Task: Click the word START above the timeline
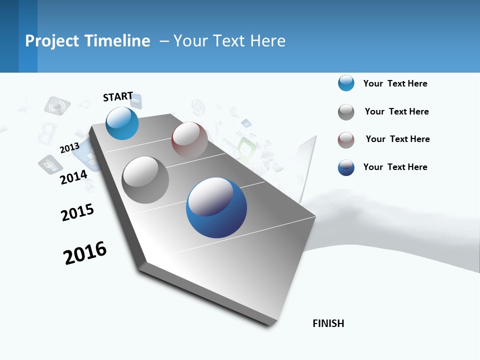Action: point(118,96)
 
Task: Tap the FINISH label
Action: point(328,323)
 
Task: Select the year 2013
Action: point(69,148)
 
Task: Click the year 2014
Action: point(73,177)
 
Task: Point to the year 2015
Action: point(77,212)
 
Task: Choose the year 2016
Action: point(85,252)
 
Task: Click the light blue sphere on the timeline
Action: point(122,123)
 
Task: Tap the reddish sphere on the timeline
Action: point(189,140)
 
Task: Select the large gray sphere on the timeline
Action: point(145,180)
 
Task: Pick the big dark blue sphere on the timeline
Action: point(216,207)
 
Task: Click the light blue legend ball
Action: point(346,83)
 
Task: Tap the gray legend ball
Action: point(346,112)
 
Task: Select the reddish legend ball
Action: point(346,140)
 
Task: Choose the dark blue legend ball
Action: point(346,167)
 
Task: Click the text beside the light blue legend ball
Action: point(395,83)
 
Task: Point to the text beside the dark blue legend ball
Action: point(395,167)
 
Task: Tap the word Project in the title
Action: point(52,41)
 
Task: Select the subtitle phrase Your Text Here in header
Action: point(229,41)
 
